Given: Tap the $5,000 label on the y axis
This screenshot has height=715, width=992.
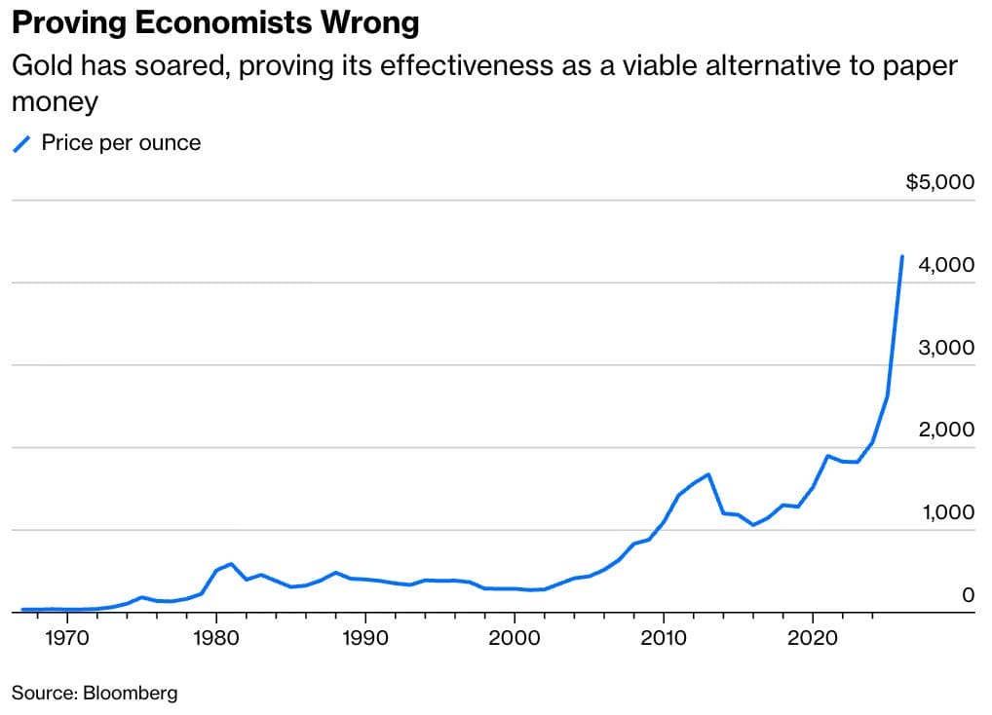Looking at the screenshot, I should pos(939,182).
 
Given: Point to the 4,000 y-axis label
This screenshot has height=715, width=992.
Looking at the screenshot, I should pos(946,265).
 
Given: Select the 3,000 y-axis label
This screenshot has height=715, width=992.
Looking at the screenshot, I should pos(946,348).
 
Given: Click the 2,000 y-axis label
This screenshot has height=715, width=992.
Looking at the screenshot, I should pos(946,431).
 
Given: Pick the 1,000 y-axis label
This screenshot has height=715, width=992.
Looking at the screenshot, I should pos(946,513).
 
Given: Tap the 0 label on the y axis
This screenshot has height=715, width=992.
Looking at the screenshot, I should pos(969,595).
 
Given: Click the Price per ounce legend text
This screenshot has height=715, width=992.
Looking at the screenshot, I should pos(121,142).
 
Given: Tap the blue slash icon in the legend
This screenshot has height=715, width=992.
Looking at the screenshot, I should pos(22,144).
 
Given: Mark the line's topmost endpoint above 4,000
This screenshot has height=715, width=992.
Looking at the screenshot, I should pos(902,256).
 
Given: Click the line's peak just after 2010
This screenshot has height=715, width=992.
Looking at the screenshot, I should pos(707,474).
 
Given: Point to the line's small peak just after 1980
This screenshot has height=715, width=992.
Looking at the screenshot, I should pos(230,563).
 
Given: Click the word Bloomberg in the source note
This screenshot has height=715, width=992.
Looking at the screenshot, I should pos(130,694).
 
